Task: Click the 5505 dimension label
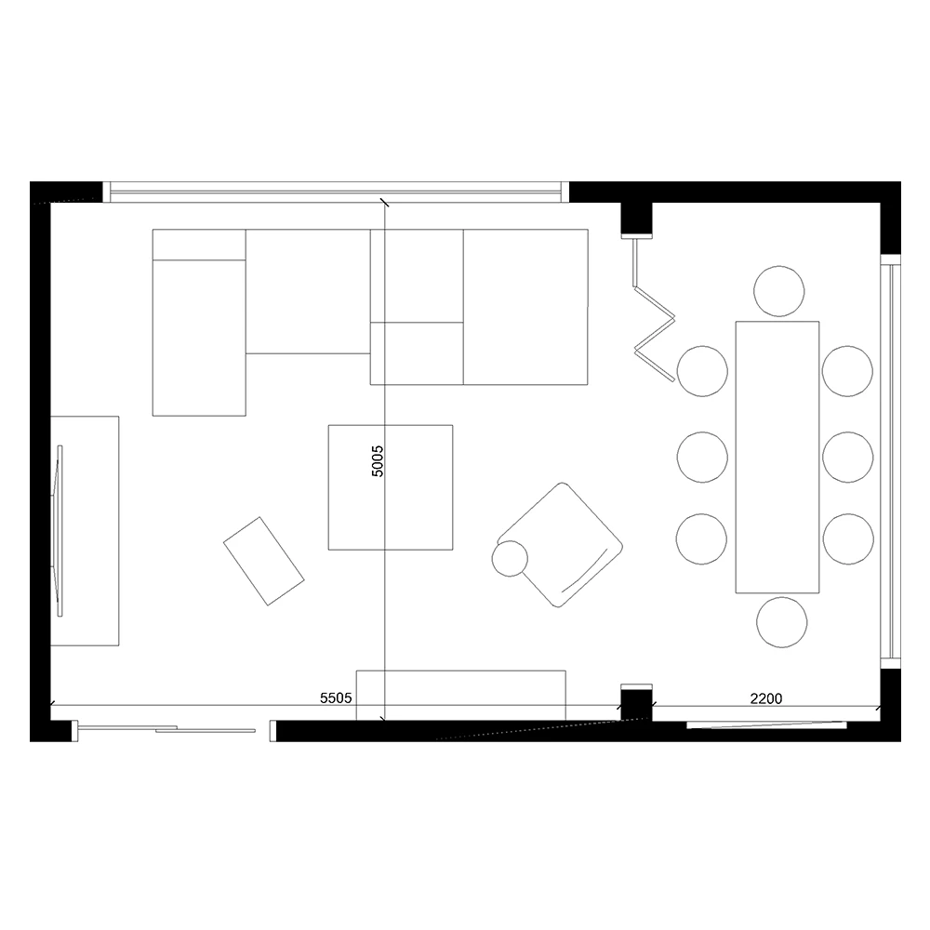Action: coord(335,697)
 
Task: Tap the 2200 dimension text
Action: coord(766,697)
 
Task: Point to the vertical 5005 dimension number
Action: coord(377,460)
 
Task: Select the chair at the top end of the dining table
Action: coord(779,290)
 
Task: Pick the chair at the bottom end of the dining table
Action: coord(782,622)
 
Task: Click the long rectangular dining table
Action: coord(777,457)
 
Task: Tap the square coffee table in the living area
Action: coord(391,487)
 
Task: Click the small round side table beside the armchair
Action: coord(510,559)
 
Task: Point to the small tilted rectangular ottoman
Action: coord(264,562)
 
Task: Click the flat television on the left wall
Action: coord(60,531)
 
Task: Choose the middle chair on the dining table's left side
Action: coord(702,457)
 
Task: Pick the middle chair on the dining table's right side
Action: coord(848,457)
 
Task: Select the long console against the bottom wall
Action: coord(461,694)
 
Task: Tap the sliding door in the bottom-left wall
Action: coord(167,729)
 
